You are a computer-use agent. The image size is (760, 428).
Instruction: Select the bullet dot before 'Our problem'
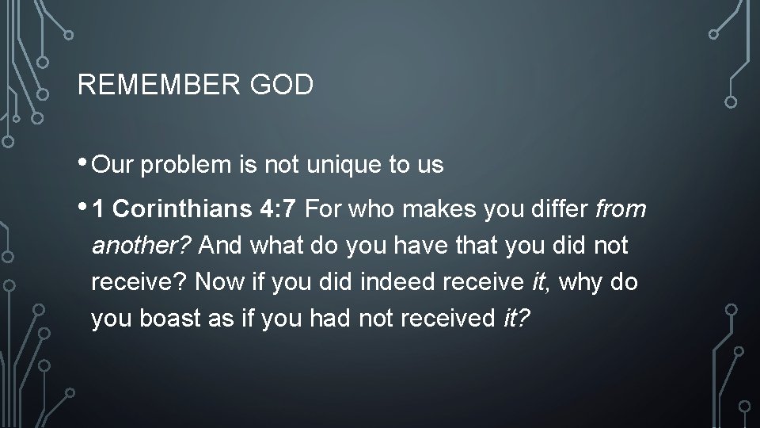click(84, 162)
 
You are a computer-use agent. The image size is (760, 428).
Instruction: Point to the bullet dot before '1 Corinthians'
click(84, 208)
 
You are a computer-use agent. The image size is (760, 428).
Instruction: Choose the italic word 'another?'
click(142, 246)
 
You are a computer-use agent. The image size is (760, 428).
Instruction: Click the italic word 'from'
click(621, 210)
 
